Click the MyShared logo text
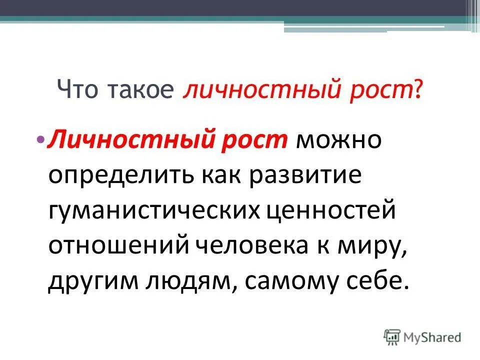coord(432,337)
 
